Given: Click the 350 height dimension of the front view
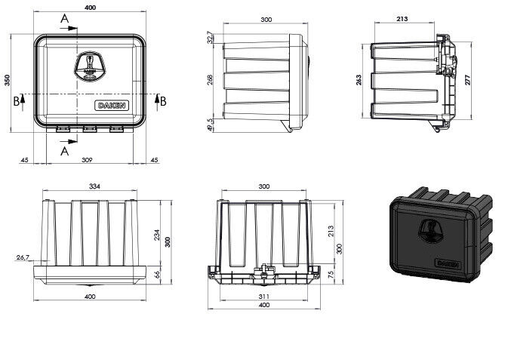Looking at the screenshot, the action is (x=7, y=80).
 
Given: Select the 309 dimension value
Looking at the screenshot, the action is (x=87, y=160).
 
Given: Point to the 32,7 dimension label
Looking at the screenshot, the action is (x=210, y=37).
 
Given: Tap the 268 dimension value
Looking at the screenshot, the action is (x=210, y=79).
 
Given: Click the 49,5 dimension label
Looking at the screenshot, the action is (x=210, y=125).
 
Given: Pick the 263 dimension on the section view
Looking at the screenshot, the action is (x=359, y=80).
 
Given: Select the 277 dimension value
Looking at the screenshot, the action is (x=468, y=79).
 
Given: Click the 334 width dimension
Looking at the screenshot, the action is (x=94, y=186).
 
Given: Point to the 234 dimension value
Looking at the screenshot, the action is (x=156, y=235).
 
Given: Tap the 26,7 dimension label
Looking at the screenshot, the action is (x=23, y=257).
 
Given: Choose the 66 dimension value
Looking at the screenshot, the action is (x=157, y=275).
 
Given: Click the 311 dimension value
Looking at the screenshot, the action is (x=263, y=297).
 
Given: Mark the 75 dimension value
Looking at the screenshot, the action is (x=331, y=275).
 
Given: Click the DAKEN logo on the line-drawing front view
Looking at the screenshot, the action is (x=112, y=106).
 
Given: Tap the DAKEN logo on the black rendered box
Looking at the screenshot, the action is (x=448, y=263).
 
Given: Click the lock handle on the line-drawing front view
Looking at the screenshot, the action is (x=89, y=66).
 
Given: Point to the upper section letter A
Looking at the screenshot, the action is (x=65, y=19).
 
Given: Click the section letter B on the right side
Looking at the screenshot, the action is (x=163, y=101).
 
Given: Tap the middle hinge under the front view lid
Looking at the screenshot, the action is (x=90, y=129).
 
